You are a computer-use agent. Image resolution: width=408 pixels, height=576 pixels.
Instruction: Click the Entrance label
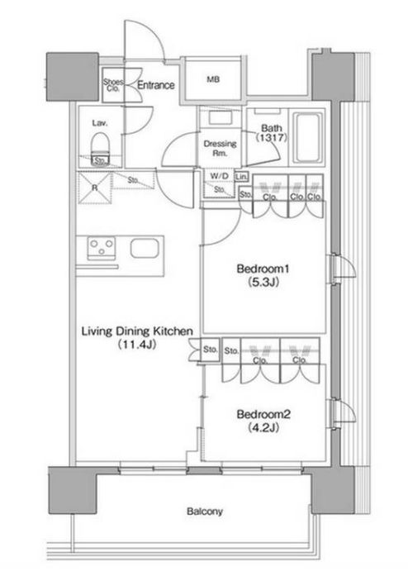(x=156, y=85)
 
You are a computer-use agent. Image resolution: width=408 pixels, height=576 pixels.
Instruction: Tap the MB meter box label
(x=213, y=79)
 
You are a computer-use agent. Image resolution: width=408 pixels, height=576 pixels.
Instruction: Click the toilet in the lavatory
(x=100, y=147)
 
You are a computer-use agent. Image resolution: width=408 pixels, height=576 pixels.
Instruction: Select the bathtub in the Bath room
(x=307, y=137)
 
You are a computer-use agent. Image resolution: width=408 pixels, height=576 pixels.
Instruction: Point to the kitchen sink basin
(x=145, y=248)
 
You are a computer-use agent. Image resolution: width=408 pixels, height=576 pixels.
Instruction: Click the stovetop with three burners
(x=102, y=248)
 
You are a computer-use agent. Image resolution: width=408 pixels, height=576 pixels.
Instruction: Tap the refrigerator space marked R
(x=95, y=188)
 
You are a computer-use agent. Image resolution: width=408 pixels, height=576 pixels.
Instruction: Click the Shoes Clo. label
(x=113, y=85)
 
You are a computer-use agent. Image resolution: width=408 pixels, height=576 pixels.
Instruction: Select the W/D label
(x=219, y=176)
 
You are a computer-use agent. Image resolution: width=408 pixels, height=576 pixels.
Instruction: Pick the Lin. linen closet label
(x=241, y=177)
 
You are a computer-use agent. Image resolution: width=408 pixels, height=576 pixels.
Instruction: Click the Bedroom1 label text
(x=263, y=269)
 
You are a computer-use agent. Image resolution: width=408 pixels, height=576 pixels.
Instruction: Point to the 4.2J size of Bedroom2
(x=263, y=428)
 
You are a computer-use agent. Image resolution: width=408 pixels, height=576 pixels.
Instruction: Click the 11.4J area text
(x=137, y=345)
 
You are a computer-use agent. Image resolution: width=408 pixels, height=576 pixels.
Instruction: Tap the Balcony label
(x=205, y=512)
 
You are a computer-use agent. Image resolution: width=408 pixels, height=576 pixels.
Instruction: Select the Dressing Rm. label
(x=220, y=149)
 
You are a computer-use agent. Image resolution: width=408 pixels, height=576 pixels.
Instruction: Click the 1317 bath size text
(x=272, y=138)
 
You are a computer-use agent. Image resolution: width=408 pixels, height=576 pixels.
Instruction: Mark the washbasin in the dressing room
(x=220, y=118)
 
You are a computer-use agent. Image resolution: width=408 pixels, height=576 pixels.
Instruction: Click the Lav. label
(x=99, y=123)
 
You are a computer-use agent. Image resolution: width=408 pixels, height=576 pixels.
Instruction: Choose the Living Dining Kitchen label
(x=137, y=331)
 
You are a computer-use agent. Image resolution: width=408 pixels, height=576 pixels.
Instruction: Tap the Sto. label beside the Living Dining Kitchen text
(x=210, y=350)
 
